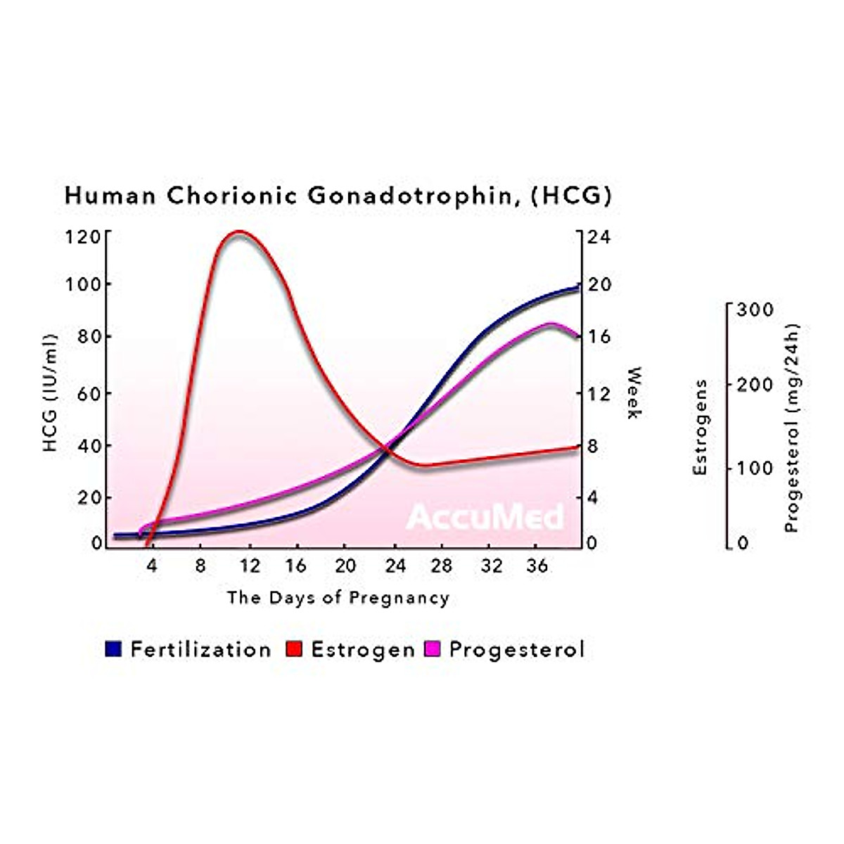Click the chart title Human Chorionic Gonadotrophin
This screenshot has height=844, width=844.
338,195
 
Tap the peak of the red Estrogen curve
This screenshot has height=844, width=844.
238,231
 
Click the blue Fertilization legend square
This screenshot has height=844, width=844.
113,649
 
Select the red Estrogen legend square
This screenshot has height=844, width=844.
294,649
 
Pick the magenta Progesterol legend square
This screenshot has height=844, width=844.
433,649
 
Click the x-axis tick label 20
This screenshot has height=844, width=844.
345,566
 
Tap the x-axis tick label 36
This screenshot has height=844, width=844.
538,566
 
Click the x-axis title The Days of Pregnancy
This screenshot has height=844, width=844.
338,599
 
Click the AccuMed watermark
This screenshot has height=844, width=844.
485,518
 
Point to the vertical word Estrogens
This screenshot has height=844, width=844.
700,428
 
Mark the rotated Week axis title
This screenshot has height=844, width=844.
633,392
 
